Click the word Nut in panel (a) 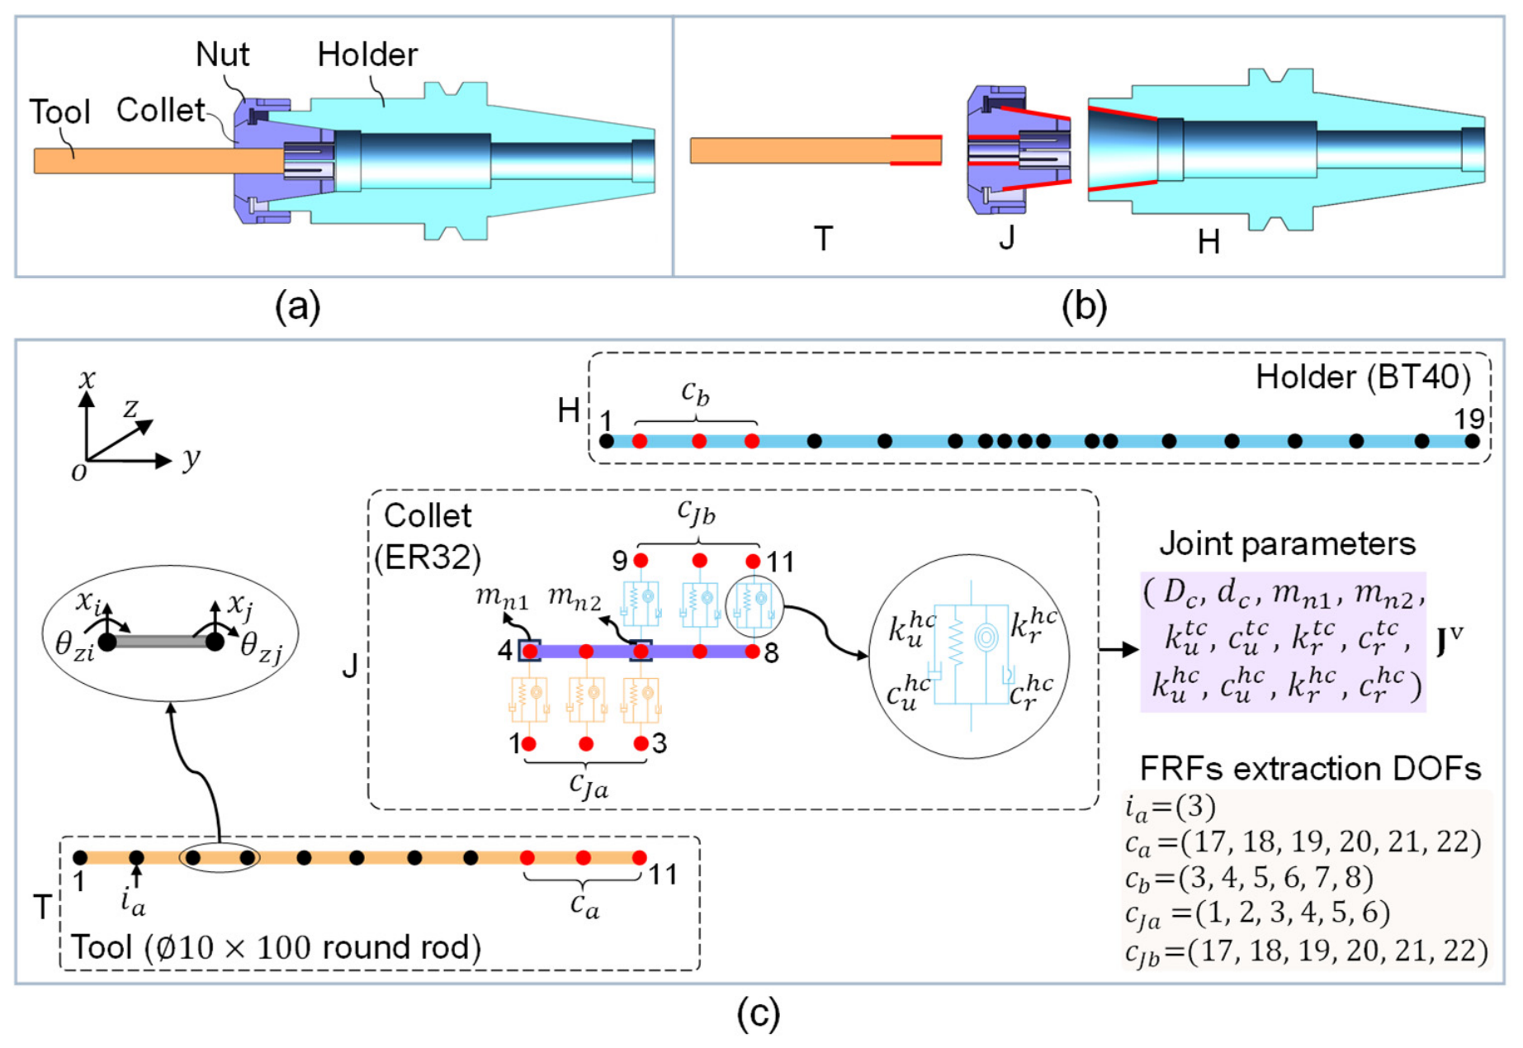pos(222,55)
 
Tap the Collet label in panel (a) pos(160,110)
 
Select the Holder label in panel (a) pos(367,55)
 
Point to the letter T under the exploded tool pos(823,239)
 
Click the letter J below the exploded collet pos(1006,237)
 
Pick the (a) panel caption pos(298,306)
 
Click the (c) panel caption pos(758,1014)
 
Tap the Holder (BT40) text pos(1363,377)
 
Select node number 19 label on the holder pos(1469,419)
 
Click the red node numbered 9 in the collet pos(641,561)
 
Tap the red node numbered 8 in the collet pos(752,652)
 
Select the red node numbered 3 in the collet pos(641,743)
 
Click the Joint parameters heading pos(1287,544)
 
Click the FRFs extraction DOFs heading pos(1310,769)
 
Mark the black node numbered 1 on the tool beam pos(80,858)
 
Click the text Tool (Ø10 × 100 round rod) pos(277,947)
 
